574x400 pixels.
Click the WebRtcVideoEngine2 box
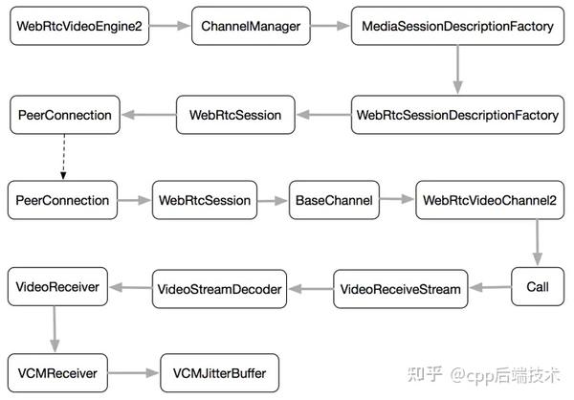click(x=79, y=26)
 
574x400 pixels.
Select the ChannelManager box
click(x=251, y=26)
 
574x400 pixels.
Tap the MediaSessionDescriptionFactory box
click(x=457, y=26)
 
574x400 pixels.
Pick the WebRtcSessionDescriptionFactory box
click(x=457, y=115)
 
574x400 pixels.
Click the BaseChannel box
click(x=334, y=200)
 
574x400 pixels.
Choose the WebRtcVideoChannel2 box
click(x=490, y=200)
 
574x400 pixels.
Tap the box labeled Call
click(x=538, y=286)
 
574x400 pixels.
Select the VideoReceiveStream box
click(x=401, y=289)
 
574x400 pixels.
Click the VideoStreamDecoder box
click(x=219, y=289)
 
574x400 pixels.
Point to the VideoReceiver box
click(x=57, y=286)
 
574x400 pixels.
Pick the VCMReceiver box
click(x=57, y=373)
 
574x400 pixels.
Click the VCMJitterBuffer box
click(x=219, y=373)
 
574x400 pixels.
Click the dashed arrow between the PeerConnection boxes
click(x=64, y=157)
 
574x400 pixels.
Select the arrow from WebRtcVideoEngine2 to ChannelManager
click(x=169, y=26)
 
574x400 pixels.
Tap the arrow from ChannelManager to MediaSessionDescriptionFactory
click(x=330, y=26)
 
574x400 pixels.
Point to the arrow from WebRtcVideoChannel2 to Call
click(x=537, y=242)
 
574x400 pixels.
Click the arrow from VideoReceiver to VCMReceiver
click(x=55, y=329)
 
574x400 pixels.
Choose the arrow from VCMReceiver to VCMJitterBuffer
click(x=133, y=373)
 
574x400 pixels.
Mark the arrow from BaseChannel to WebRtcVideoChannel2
click(x=397, y=199)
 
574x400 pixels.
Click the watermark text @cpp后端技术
click(x=505, y=375)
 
